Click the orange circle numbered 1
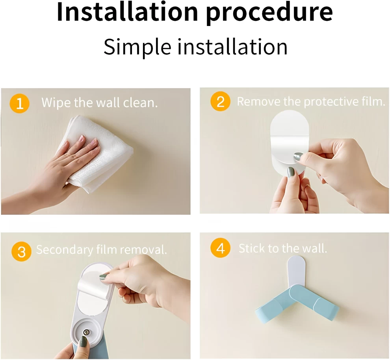click(x=19, y=103)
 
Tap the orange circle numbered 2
click(x=220, y=102)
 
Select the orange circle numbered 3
click(x=21, y=251)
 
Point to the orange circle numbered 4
click(x=220, y=248)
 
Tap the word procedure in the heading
click(x=269, y=13)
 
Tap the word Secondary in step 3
click(x=65, y=250)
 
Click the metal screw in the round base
click(x=86, y=332)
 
